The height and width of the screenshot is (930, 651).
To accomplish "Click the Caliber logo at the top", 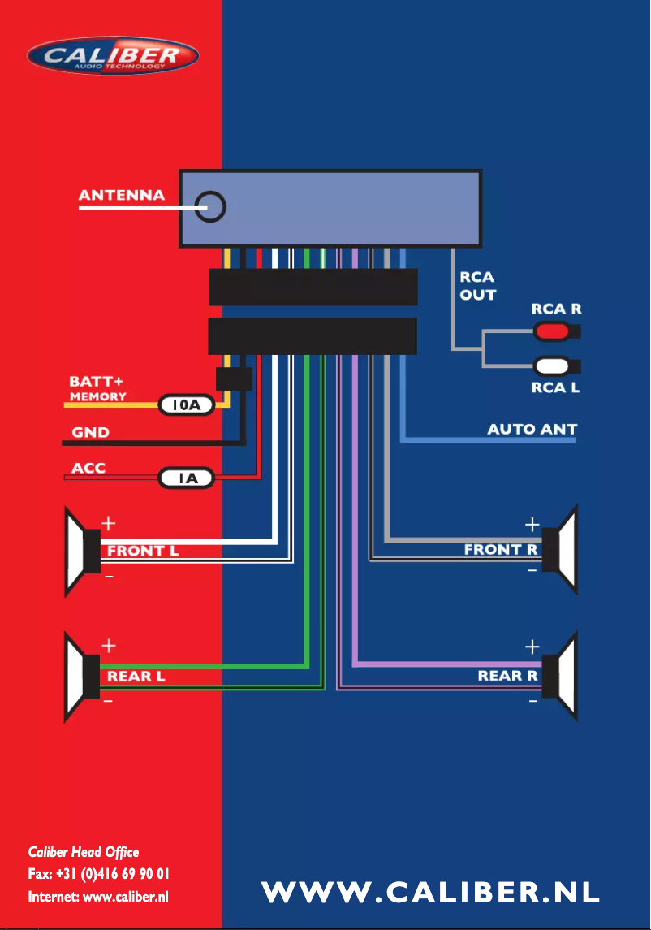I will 113,57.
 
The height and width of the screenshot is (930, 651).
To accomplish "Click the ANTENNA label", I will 122,195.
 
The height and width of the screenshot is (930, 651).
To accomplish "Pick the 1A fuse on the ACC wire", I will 186,478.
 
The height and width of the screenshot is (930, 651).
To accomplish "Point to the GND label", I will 90,432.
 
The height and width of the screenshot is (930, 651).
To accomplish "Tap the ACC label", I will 88,469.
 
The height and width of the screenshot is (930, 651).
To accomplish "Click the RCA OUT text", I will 477,286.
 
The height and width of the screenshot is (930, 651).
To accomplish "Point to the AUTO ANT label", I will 532,429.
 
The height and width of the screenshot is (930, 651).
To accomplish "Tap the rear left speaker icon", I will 83,677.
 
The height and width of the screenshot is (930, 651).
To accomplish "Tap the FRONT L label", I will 143,551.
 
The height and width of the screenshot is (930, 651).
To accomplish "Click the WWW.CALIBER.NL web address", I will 430,892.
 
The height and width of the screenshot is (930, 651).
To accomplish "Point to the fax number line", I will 98,875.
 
